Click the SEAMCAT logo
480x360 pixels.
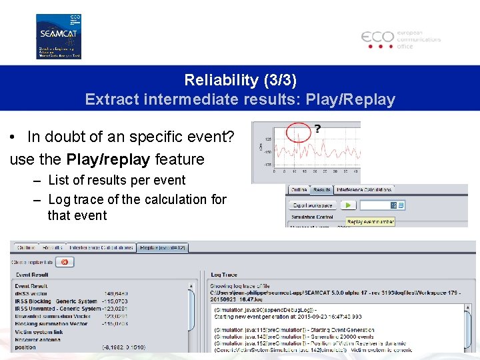[58, 36]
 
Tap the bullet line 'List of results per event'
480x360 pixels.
[116, 180]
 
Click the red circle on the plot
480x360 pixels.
[299, 132]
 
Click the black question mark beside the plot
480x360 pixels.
[317, 128]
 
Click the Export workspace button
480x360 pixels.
[313, 205]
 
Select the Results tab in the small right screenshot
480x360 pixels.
[322, 190]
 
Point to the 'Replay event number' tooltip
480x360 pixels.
[371, 221]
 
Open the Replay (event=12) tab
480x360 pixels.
[163, 247]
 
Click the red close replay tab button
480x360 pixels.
[65, 262]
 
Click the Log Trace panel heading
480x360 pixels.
[224, 275]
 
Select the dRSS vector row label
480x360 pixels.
[31, 293]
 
